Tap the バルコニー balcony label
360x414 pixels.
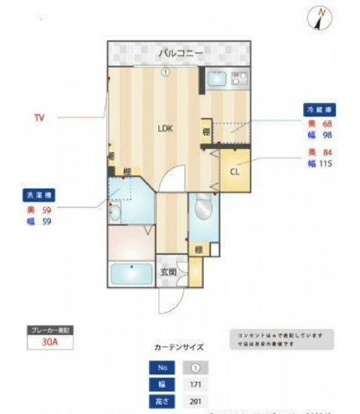point(181,53)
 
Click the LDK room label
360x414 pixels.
point(166,129)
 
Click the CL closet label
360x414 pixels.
point(235,172)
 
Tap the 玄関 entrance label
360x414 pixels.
point(166,272)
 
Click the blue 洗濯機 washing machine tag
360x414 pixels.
point(37,194)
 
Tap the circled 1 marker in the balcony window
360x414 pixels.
point(165,71)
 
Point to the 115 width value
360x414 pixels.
point(327,163)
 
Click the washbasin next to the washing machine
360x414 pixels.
point(115,212)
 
